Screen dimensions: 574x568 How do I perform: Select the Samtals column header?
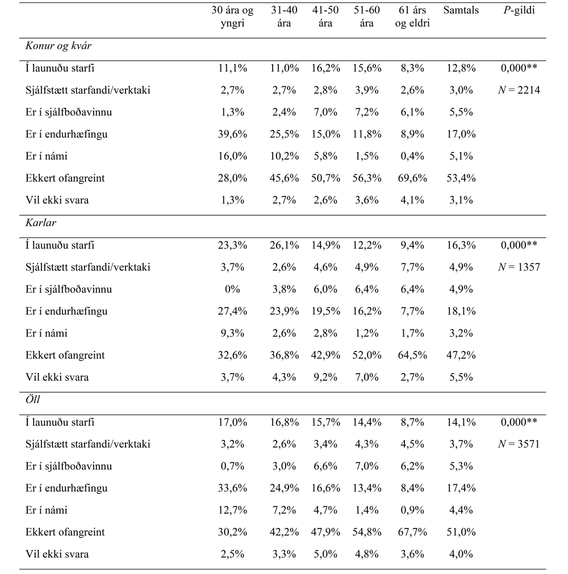point(461,10)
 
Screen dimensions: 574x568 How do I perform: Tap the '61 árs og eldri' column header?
point(412,17)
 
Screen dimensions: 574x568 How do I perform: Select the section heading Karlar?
point(41,223)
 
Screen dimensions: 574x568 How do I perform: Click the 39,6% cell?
point(232,134)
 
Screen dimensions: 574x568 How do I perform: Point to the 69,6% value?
point(412,178)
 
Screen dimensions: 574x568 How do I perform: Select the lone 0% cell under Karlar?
point(232,289)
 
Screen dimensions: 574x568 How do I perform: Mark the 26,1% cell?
point(283,245)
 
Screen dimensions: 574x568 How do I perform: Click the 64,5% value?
point(412,355)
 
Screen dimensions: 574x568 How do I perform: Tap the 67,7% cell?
point(412,533)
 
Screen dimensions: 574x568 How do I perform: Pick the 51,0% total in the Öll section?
point(461,533)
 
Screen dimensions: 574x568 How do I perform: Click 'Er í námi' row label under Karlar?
point(47,333)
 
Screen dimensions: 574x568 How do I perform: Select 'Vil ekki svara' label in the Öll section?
point(57,555)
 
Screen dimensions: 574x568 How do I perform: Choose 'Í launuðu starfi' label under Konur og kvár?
point(60,68)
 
